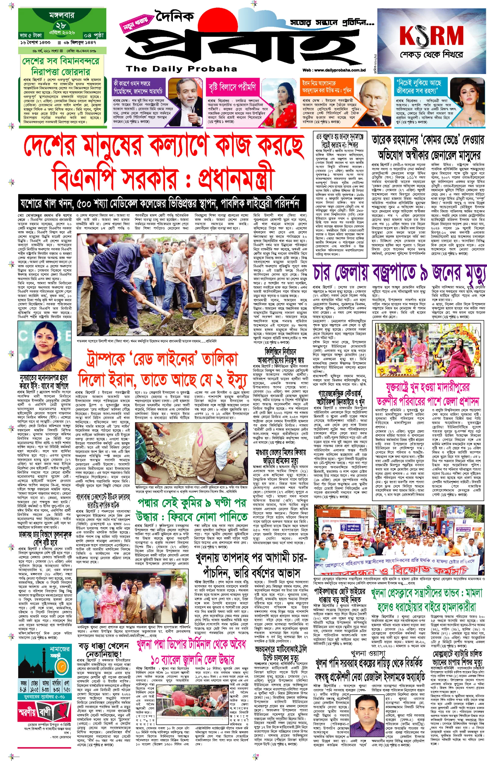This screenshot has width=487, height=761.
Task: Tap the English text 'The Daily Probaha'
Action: (181, 69)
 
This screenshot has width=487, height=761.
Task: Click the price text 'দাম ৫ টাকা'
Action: (31, 35)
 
